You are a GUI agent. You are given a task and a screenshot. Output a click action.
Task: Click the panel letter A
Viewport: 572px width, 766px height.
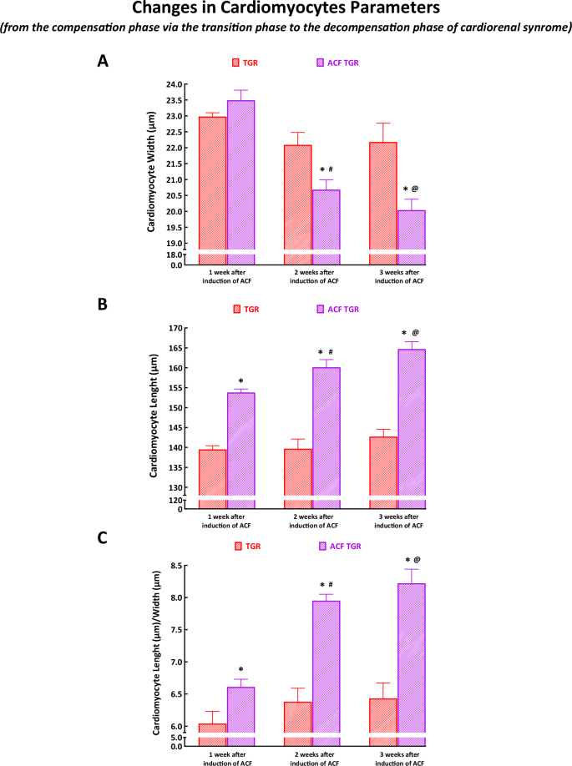tap(103, 61)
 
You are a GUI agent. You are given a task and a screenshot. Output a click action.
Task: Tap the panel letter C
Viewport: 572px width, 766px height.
tap(103, 537)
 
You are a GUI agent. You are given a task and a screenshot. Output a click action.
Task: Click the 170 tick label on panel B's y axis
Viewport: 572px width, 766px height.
tap(175, 328)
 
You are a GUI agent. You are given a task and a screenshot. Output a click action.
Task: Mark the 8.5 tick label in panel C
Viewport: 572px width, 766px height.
tap(175, 566)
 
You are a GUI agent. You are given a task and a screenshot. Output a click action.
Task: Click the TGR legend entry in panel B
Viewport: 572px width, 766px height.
tap(246, 309)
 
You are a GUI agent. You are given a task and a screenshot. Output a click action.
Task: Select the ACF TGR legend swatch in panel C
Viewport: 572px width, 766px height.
tap(324, 546)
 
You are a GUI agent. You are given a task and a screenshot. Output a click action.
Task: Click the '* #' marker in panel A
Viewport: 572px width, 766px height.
tap(326, 169)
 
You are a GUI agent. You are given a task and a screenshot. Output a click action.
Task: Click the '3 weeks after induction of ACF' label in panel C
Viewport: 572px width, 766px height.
tap(397, 758)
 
